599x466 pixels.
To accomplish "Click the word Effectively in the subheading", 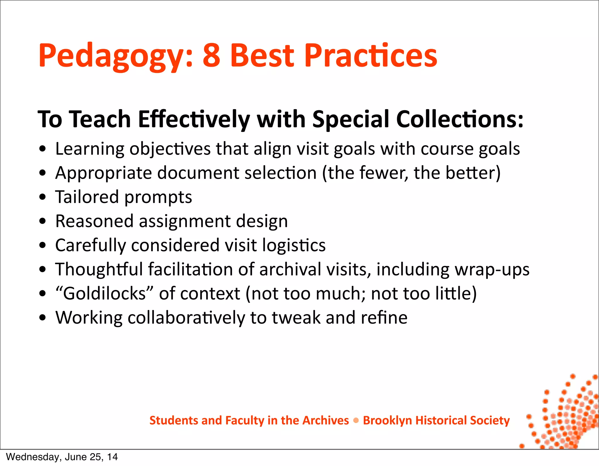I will (194, 119).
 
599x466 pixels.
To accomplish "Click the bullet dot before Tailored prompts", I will (43, 197).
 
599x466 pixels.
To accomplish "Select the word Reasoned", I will (94, 221).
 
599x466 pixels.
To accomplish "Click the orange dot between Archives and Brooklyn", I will (356, 421).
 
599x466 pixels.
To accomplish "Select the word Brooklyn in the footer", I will (387, 421).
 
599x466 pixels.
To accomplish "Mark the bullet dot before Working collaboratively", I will (43, 318).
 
